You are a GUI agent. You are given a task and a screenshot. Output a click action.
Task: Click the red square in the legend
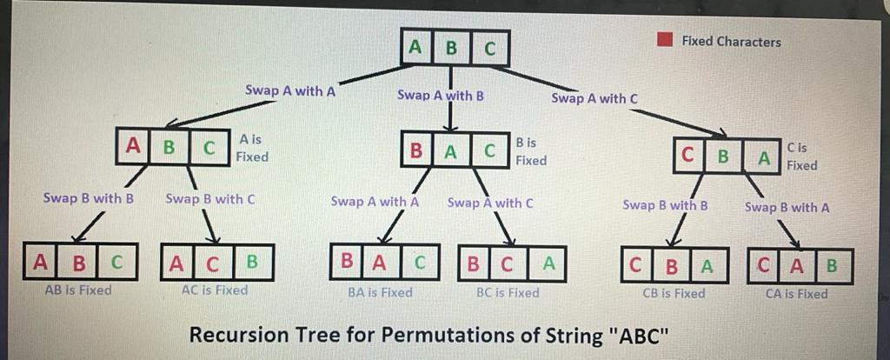[666, 40]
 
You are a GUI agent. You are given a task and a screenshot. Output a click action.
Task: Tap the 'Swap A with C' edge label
[594, 98]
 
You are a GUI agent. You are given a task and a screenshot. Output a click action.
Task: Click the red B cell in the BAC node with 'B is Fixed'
[417, 151]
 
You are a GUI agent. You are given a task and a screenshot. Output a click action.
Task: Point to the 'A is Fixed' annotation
[251, 148]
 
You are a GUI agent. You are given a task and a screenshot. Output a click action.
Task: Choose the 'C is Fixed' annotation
[801, 157]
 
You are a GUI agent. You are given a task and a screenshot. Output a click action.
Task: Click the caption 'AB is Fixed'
[77, 290]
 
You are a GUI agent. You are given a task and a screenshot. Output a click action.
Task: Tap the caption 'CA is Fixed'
[796, 294]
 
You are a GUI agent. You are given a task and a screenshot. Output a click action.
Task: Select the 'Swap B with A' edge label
[787, 207]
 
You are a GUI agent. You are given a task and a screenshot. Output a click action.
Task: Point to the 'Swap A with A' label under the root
[290, 90]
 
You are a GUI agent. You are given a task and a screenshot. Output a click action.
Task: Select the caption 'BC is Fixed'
[508, 293]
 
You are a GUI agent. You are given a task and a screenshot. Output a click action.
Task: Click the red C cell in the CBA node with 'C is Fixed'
[688, 157]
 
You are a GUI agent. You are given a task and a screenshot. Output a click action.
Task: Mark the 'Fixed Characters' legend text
[731, 41]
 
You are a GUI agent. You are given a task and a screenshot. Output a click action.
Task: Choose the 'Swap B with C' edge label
[209, 198]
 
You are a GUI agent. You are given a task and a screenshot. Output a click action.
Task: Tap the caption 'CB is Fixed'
[674, 294]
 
